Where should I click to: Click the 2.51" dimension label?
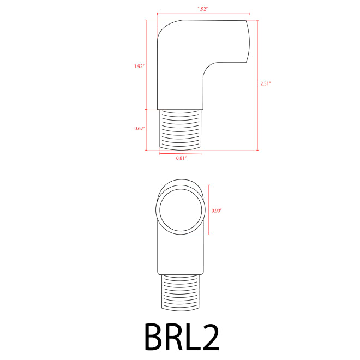point(266,83)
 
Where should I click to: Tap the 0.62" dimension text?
point(139,129)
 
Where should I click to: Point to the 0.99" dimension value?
point(217,209)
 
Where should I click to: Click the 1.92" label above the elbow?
point(202,9)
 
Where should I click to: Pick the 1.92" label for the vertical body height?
point(139,67)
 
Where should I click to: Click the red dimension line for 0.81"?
point(181,154)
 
